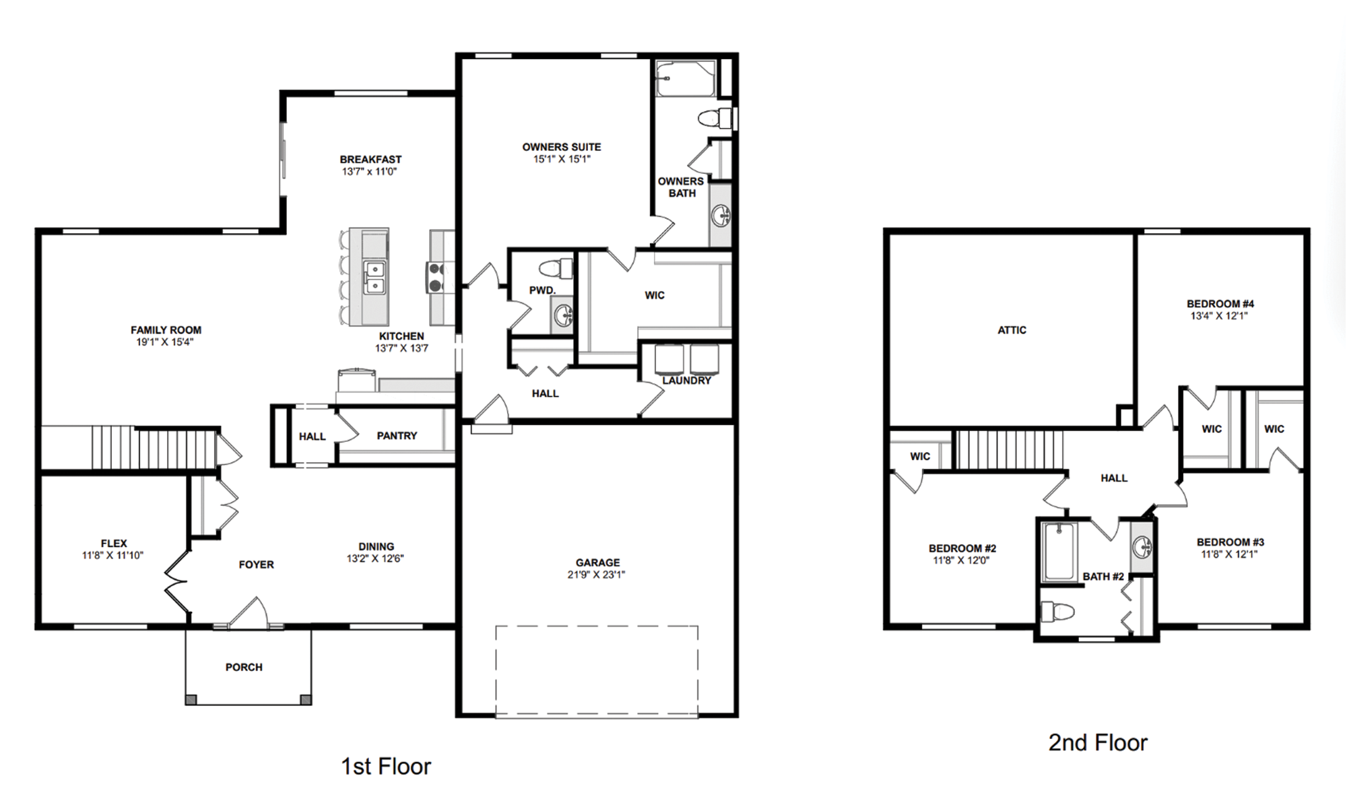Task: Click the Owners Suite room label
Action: point(561,147)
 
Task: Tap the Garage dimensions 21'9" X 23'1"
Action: point(596,575)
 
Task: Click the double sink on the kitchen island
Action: point(374,278)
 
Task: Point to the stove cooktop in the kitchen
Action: point(436,277)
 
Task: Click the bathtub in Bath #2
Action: point(1059,552)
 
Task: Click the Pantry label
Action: point(397,436)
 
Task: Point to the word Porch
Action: point(244,667)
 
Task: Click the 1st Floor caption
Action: point(386,766)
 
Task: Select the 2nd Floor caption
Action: point(1098,742)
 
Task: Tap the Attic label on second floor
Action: point(1012,330)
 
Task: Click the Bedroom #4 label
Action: point(1220,304)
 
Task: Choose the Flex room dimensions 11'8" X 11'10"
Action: point(113,556)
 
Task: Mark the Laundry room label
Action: point(686,381)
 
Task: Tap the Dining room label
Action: point(376,546)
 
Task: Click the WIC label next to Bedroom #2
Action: point(920,456)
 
